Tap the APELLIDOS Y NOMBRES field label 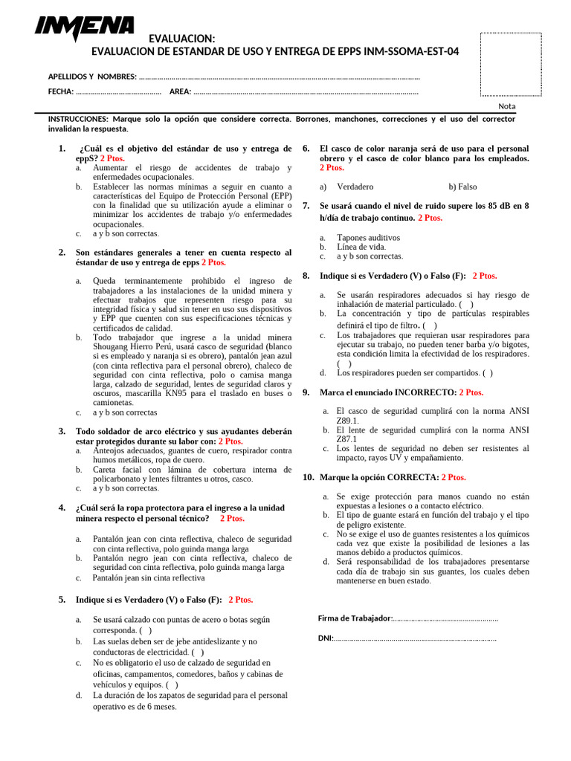(x=92, y=77)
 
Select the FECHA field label (x=60, y=91)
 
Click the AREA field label (x=180, y=91)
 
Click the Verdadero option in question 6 (x=355, y=187)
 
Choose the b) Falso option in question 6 (x=462, y=187)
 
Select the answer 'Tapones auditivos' (x=368, y=238)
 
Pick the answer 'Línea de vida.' (x=361, y=247)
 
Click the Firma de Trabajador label (x=354, y=618)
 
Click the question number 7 (x=306, y=206)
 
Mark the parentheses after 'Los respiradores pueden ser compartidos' (x=486, y=373)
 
